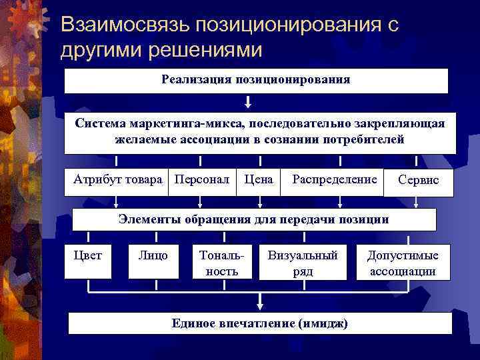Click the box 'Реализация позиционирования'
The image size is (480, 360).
[x=256, y=81]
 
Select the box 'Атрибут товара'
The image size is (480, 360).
[x=117, y=181]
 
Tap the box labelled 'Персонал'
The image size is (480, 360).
[x=201, y=181]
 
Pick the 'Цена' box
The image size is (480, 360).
[x=259, y=181]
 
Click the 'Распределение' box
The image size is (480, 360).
[x=333, y=181]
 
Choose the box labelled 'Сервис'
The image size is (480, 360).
[x=418, y=181]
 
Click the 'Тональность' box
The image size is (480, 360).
[x=222, y=262]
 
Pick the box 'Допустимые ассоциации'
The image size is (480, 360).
[x=403, y=262]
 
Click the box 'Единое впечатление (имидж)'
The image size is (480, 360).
[x=260, y=323]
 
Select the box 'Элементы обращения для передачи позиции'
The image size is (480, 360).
[x=253, y=219]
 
